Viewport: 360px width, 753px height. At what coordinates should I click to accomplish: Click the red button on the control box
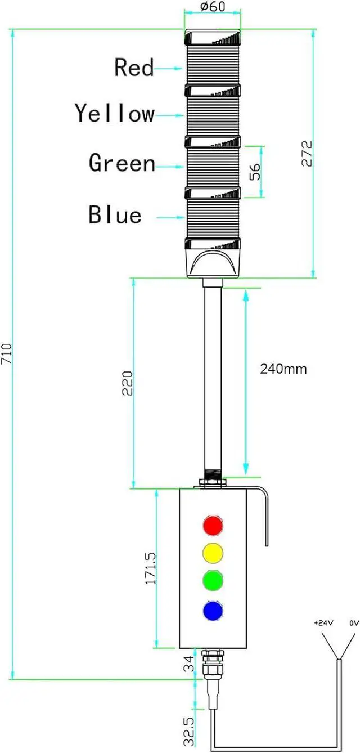(213, 525)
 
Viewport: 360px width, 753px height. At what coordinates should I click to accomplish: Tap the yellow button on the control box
(213, 552)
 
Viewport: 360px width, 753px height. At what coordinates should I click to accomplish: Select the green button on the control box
(213, 580)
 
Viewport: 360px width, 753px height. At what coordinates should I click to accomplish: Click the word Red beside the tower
(134, 68)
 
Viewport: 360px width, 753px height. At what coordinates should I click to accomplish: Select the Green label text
(122, 163)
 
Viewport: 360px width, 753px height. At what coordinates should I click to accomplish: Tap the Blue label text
(115, 215)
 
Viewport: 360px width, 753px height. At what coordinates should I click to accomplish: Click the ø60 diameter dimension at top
(212, 7)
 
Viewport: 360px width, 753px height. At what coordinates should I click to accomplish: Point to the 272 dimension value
(307, 153)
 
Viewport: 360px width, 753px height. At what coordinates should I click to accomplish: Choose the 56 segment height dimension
(255, 172)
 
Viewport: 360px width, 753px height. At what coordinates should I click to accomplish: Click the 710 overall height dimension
(7, 354)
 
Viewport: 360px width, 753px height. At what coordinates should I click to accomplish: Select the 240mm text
(283, 369)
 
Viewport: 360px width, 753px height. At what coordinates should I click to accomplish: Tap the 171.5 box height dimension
(151, 568)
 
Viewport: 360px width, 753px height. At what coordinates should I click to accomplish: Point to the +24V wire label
(323, 624)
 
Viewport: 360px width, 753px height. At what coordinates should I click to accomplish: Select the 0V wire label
(354, 624)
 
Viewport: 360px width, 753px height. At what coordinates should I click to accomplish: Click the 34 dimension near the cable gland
(190, 668)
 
